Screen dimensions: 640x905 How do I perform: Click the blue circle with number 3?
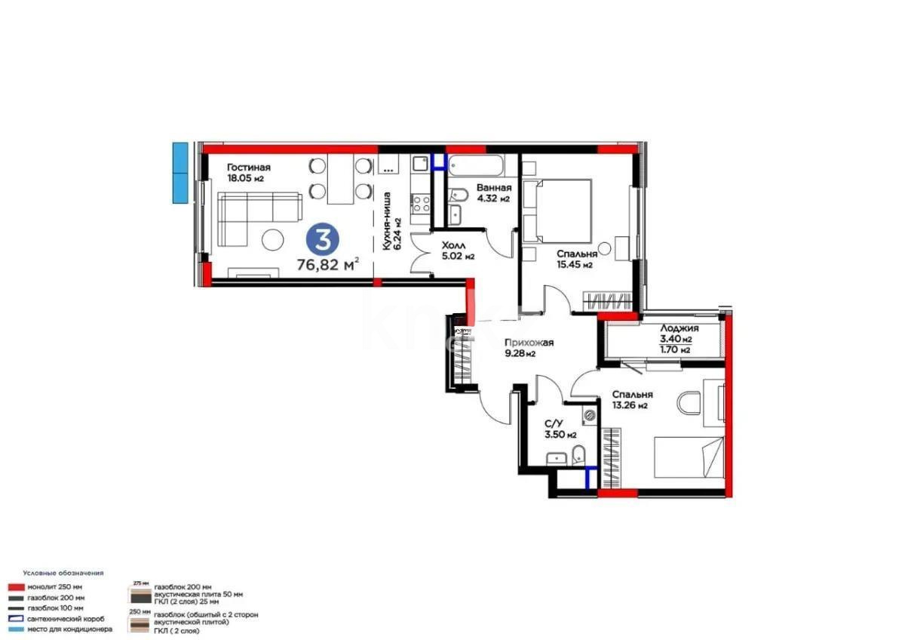coord(323,240)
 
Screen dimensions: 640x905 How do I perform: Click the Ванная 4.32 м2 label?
coord(493,193)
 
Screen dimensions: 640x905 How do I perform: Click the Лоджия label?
coord(679,328)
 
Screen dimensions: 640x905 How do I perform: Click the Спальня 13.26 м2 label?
coord(632,399)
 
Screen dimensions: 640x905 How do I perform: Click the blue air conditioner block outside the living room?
coord(179,172)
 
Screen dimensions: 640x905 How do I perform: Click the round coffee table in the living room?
coord(272,240)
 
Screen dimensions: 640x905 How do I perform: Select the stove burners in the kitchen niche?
coord(420,202)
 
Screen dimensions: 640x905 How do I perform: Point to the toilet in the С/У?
coord(578,455)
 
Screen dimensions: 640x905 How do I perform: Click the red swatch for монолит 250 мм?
coord(15,586)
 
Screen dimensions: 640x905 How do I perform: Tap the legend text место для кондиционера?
coord(70,629)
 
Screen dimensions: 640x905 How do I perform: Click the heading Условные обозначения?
coord(63,573)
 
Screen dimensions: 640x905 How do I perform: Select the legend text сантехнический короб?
coord(66,618)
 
